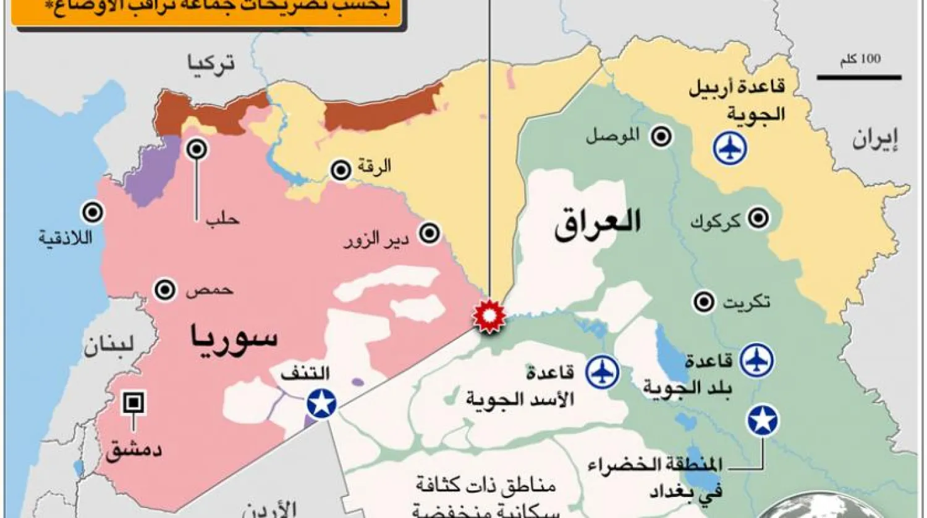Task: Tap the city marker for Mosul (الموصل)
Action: pos(661,137)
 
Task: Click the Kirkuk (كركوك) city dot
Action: pos(758,218)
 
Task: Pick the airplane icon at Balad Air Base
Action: pos(757,359)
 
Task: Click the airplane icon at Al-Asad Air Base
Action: pos(602,372)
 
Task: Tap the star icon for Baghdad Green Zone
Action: pos(763,420)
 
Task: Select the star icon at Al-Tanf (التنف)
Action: pos(321,404)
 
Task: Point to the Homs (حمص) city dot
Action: pos(164,289)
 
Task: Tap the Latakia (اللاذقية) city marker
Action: pos(93,213)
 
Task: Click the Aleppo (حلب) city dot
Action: pos(197,149)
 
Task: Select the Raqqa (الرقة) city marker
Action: pos(341,170)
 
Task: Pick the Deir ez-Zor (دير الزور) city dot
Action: pos(429,233)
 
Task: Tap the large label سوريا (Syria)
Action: pos(234,338)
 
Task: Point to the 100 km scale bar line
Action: pos(858,77)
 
